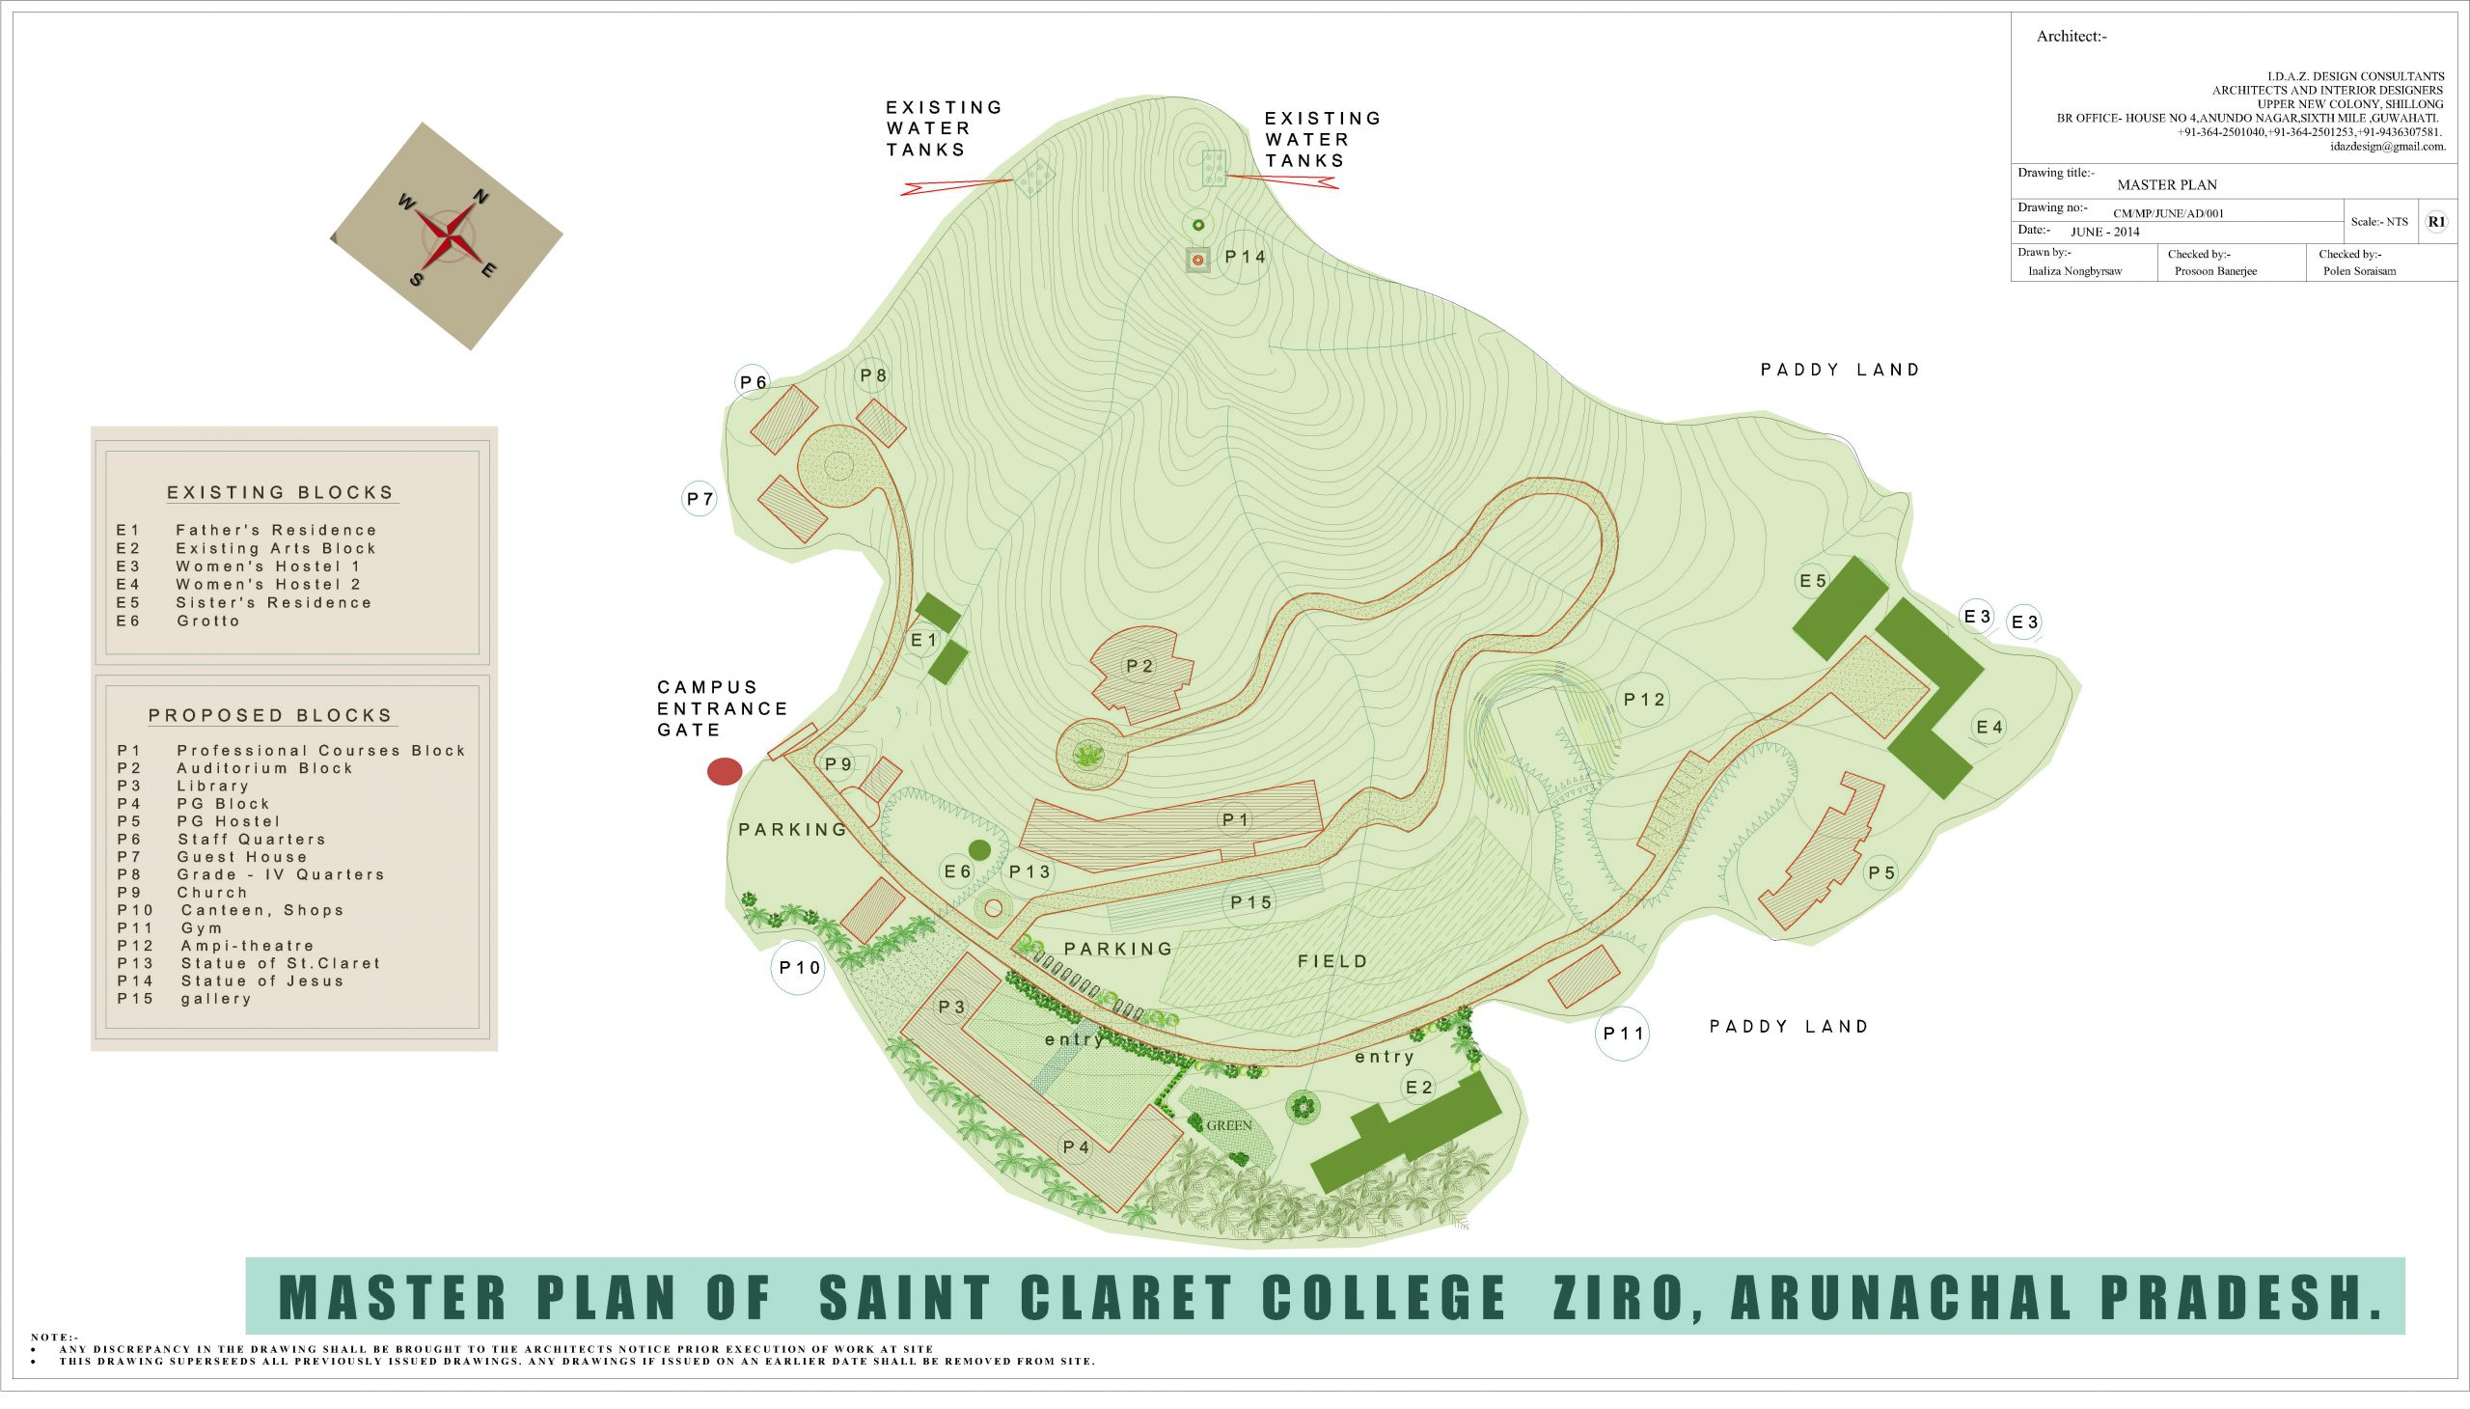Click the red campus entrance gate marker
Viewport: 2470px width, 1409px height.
(725, 771)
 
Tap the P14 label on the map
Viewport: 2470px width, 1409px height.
(1245, 257)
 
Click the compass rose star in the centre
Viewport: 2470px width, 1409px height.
(447, 236)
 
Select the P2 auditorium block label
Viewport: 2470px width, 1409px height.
(1139, 666)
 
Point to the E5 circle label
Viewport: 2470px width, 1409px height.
(1812, 581)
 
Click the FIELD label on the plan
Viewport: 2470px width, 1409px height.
(1332, 961)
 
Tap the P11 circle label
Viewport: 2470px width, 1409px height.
(1623, 1034)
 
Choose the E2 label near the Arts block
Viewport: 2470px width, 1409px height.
(1418, 1087)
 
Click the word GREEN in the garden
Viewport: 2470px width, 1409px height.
(1228, 1125)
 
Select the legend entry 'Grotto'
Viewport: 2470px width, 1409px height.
(208, 622)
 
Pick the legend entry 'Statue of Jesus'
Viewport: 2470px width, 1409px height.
(262, 981)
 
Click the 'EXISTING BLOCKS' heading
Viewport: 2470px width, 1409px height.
(281, 492)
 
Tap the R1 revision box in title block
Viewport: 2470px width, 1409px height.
(2436, 222)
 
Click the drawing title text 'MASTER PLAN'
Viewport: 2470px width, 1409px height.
(2166, 185)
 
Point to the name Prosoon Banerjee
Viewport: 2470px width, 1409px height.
(2214, 271)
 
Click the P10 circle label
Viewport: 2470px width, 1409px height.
(799, 968)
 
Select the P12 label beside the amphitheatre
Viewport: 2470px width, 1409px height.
(1644, 699)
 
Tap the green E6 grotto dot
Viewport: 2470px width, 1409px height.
(979, 849)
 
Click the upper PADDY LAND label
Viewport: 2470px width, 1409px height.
(1839, 370)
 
